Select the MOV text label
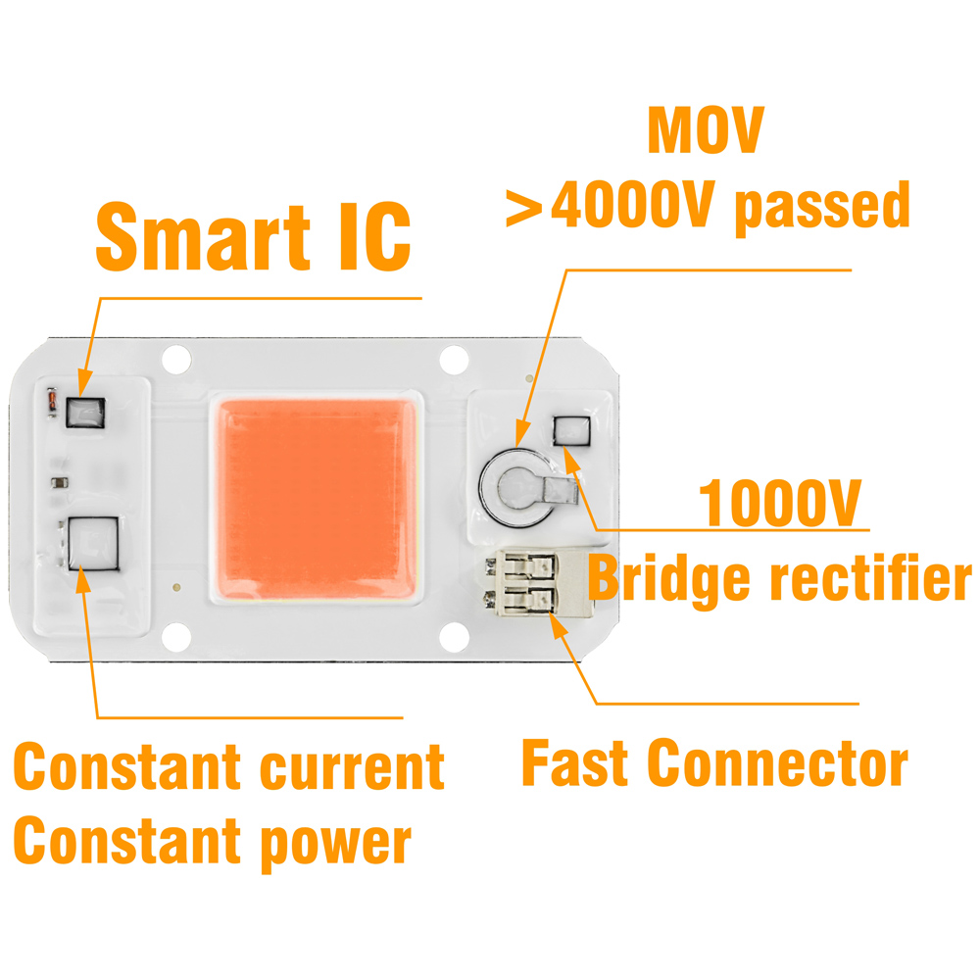(x=706, y=132)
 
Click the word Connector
(x=774, y=761)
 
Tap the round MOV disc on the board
(x=513, y=483)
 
